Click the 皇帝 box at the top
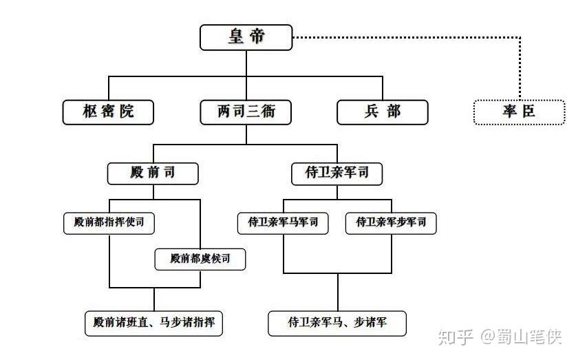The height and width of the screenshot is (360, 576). pos(246,37)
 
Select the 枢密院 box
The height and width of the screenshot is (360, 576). pos(108,112)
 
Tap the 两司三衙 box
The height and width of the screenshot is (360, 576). pos(246,112)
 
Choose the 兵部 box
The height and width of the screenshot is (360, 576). pos(382,112)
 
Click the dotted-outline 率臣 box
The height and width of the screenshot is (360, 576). pos(518,112)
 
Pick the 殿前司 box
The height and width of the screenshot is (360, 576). pos(153,173)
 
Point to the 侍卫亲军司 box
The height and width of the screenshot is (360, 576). pos(337,173)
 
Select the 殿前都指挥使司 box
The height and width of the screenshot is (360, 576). pos(109,222)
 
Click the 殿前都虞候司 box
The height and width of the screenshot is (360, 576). pos(199,260)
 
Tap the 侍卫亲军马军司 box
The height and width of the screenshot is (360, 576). pos(283,222)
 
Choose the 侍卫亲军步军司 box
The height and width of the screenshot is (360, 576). pos(390,222)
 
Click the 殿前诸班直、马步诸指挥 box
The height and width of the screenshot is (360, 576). pos(153,322)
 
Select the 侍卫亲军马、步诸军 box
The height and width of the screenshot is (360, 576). pos(337,322)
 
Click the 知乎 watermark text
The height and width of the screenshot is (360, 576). pos(456,337)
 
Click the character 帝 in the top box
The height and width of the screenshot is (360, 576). pos(257,37)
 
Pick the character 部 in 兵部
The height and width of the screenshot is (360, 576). pos(393,112)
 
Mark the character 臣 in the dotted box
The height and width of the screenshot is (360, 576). pos(528,112)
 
